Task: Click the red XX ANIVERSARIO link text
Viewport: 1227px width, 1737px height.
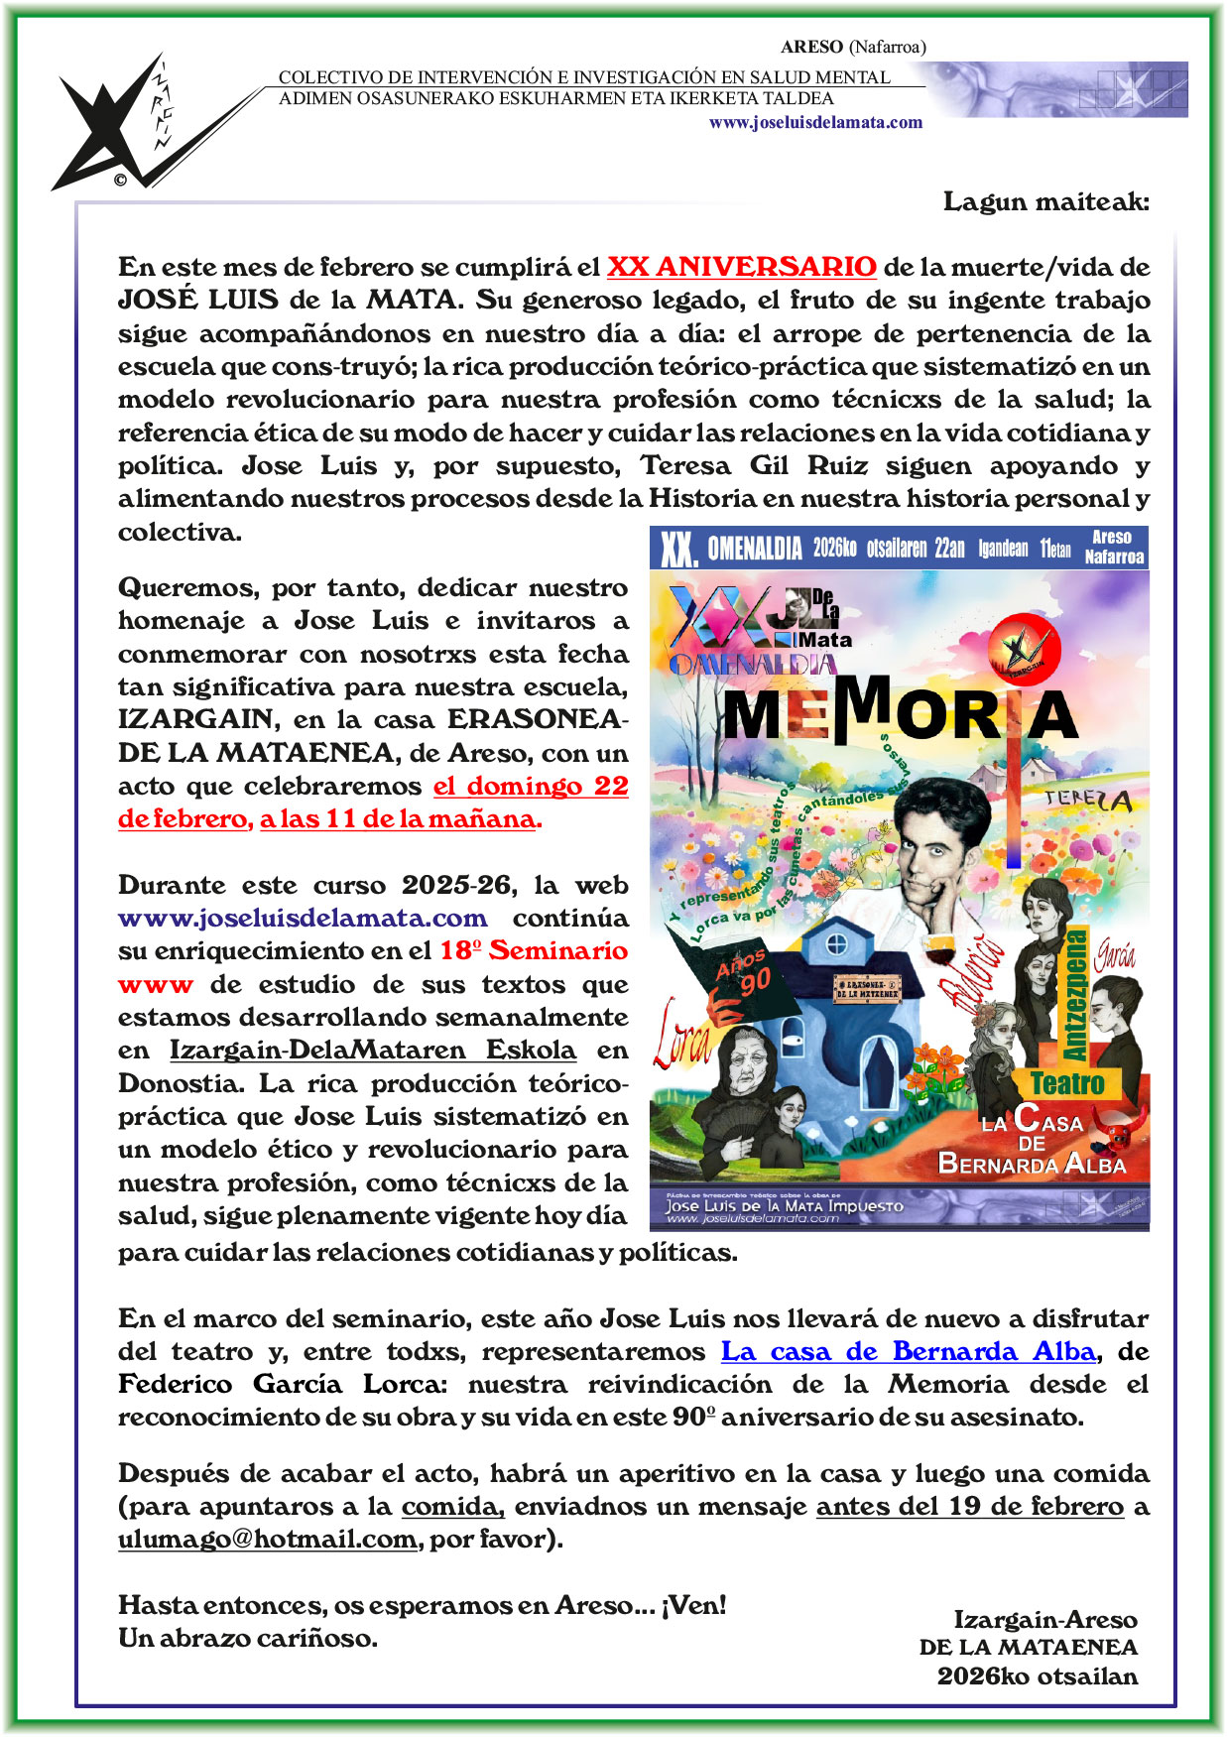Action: pyautogui.click(x=741, y=267)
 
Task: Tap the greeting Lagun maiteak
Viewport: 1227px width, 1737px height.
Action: pyautogui.click(x=1045, y=201)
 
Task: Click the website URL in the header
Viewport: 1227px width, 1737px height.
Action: pyautogui.click(x=815, y=123)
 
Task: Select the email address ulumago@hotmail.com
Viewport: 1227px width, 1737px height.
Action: pyautogui.click(x=267, y=1539)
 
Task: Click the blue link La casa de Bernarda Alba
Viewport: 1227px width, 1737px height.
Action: pyautogui.click(x=908, y=1351)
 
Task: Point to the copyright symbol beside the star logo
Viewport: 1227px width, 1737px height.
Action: pyautogui.click(x=120, y=180)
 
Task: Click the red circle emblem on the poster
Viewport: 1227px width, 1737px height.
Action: pyautogui.click(x=1024, y=650)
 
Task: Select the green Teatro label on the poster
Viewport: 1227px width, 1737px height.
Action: pyautogui.click(x=1067, y=1082)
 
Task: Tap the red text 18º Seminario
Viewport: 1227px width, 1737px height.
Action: pyautogui.click(x=534, y=950)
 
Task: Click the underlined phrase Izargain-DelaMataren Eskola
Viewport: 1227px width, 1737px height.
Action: pyautogui.click(x=372, y=1050)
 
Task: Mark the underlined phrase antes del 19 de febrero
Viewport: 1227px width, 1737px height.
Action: pyautogui.click(x=969, y=1506)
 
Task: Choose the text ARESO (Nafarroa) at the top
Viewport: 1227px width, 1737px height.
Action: pyautogui.click(x=853, y=47)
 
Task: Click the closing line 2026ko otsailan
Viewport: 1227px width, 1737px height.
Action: pyautogui.click(x=1037, y=1675)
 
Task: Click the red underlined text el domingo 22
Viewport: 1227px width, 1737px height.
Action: pyautogui.click(x=531, y=786)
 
